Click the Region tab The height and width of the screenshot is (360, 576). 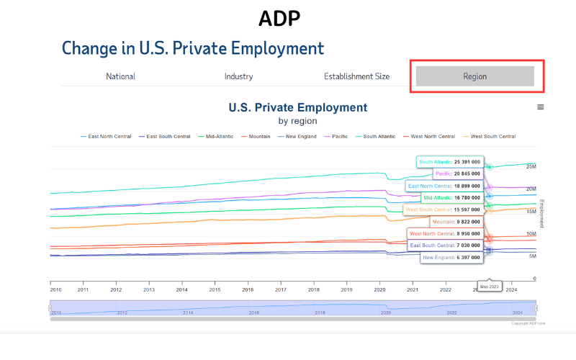[x=475, y=76]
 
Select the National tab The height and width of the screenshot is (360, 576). [x=120, y=76]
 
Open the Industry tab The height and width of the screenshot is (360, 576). [x=238, y=76]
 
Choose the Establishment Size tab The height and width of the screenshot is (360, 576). [x=356, y=76]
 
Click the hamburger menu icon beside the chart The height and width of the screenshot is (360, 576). [x=541, y=107]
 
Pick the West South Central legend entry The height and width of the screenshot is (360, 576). [x=494, y=136]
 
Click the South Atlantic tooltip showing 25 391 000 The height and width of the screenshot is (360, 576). [x=449, y=162]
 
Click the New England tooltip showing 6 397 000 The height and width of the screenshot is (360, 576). [x=451, y=257]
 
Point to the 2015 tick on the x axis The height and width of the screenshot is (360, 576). [x=215, y=289]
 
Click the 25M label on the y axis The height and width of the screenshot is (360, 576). [x=531, y=167]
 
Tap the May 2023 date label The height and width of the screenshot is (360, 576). [x=489, y=287]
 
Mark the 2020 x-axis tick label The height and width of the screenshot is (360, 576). [x=379, y=289]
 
